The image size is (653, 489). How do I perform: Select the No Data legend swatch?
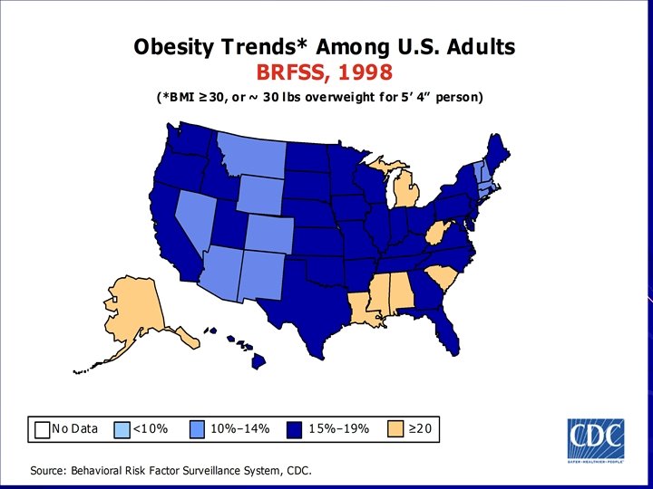(42, 429)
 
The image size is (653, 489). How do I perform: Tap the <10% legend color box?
(123, 429)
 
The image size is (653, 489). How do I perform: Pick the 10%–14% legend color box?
(200, 429)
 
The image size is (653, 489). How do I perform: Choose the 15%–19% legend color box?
(295, 429)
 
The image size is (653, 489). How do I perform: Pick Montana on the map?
(249, 154)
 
